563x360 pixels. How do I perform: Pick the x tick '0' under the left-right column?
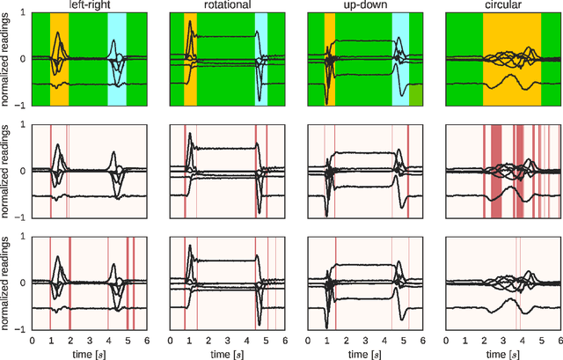32,339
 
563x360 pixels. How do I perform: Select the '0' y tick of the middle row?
22,171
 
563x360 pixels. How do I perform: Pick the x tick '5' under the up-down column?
404,339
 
